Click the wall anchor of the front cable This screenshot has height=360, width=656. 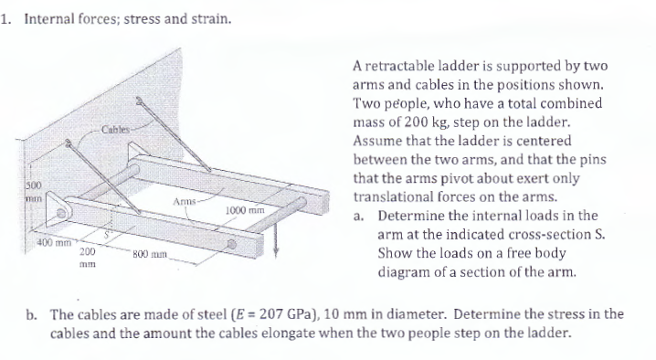pos(67,143)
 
